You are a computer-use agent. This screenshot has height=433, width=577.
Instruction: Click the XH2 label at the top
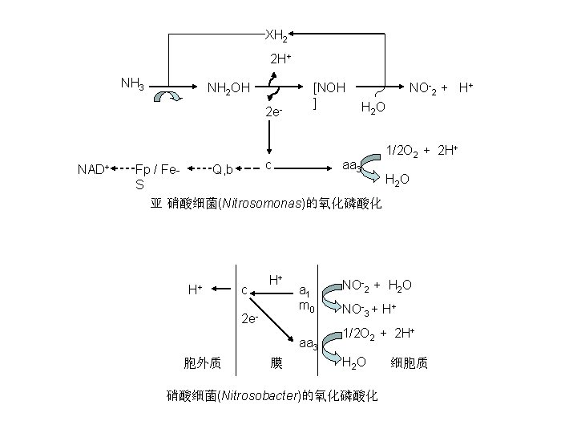(x=276, y=35)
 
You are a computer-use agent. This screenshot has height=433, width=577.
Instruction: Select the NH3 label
(x=132, y=83)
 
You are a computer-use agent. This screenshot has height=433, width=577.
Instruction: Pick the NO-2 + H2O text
(x=377, y=285)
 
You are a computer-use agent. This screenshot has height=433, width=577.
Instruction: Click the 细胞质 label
(x=410, y=362)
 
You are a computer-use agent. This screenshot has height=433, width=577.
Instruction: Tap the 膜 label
(x=276, y=363)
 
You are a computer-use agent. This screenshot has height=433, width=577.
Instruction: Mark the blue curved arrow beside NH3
(x=170, y=99)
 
